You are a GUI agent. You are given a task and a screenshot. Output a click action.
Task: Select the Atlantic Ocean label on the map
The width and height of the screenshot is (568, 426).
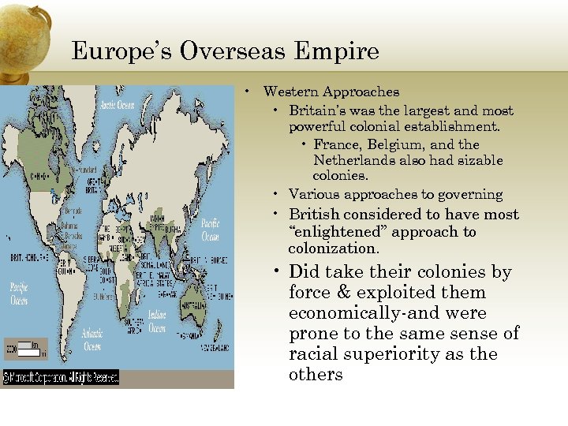pos(92,340)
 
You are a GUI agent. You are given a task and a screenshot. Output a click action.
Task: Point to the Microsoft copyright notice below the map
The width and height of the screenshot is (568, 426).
pos(62,376)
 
